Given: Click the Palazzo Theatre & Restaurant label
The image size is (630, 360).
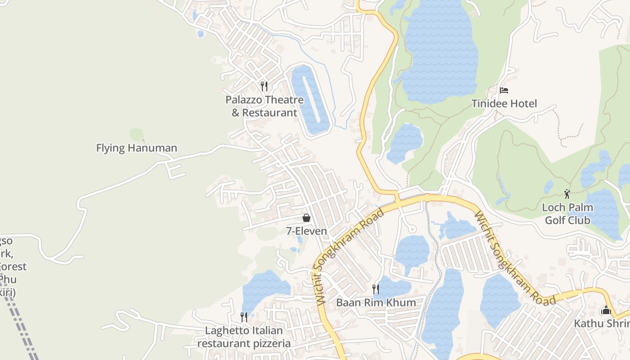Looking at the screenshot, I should coord(265,106).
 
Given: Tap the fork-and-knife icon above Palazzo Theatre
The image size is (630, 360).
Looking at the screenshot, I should coord(264,86).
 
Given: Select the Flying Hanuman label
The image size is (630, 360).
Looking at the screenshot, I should coord(136,148).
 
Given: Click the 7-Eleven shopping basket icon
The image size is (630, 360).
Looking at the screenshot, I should coord(306,218).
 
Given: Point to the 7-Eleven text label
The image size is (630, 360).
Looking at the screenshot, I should coord(306,231).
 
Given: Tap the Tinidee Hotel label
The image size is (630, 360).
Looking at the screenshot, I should coord(504,104).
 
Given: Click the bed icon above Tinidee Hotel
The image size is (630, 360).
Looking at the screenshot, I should coord(504,90).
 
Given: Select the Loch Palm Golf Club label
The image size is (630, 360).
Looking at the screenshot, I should coord(567,214).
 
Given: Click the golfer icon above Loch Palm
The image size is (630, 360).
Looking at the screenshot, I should coord(567,194).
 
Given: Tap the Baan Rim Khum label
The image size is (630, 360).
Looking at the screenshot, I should coord(376,302).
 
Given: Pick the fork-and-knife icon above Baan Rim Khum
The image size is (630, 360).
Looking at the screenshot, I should coord(376,289).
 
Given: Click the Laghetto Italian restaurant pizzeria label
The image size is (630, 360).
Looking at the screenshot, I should coord(244,337).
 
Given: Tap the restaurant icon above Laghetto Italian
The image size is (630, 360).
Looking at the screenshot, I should coord(243,317).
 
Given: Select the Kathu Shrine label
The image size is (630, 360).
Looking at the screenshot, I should coord(601,324).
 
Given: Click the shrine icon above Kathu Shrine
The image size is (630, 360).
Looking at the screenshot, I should coord(606,310).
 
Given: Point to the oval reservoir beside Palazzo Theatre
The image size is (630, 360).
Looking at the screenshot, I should coord(310,100).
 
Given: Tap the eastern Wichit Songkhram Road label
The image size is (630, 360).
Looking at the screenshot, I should coord(513,258).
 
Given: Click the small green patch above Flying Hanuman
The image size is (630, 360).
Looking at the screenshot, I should coord(136,134).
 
